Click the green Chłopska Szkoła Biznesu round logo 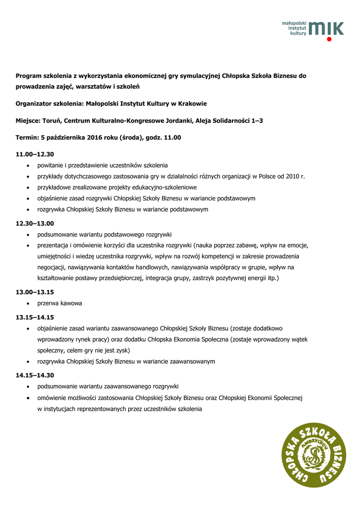314,455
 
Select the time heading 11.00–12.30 35,154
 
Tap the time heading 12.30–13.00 35,223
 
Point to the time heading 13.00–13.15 35,292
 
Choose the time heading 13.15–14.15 35,317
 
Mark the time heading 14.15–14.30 35,375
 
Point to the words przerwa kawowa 60,303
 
